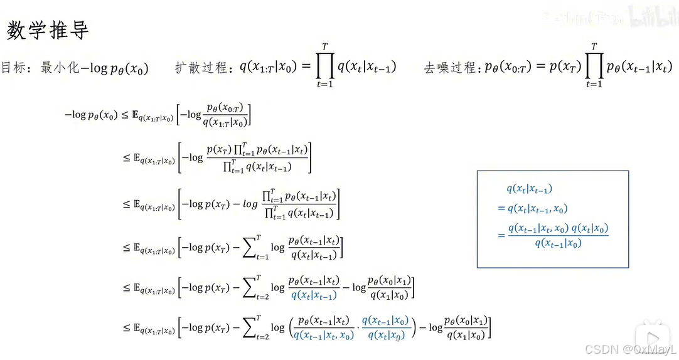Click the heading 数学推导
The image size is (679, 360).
pyautogui.click(x=48, y=29)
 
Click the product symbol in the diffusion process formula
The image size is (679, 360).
pyautogui.click(x=324, y=65)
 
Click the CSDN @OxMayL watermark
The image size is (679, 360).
pyautogui.click(x=630, y=349)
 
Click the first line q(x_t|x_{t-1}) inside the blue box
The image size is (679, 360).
pyautogui.click(x=529, y=189)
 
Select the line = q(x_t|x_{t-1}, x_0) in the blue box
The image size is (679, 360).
pyautogui.click(x=533, y=209)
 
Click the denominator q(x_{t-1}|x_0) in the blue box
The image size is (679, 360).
pyautogui.click(x=558, y=243)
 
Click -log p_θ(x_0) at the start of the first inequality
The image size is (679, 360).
pyautogui.click(x=91, y=115)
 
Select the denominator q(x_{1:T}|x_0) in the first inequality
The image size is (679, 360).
pyautogui.click(x=224, y=122)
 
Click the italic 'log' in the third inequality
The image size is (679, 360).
pyautogui.click(x=251, y=204)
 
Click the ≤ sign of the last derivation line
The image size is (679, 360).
pyautogui.click(x=126, y=327)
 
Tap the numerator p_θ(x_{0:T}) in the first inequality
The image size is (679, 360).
pyautogui.click(x=224, y=107)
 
